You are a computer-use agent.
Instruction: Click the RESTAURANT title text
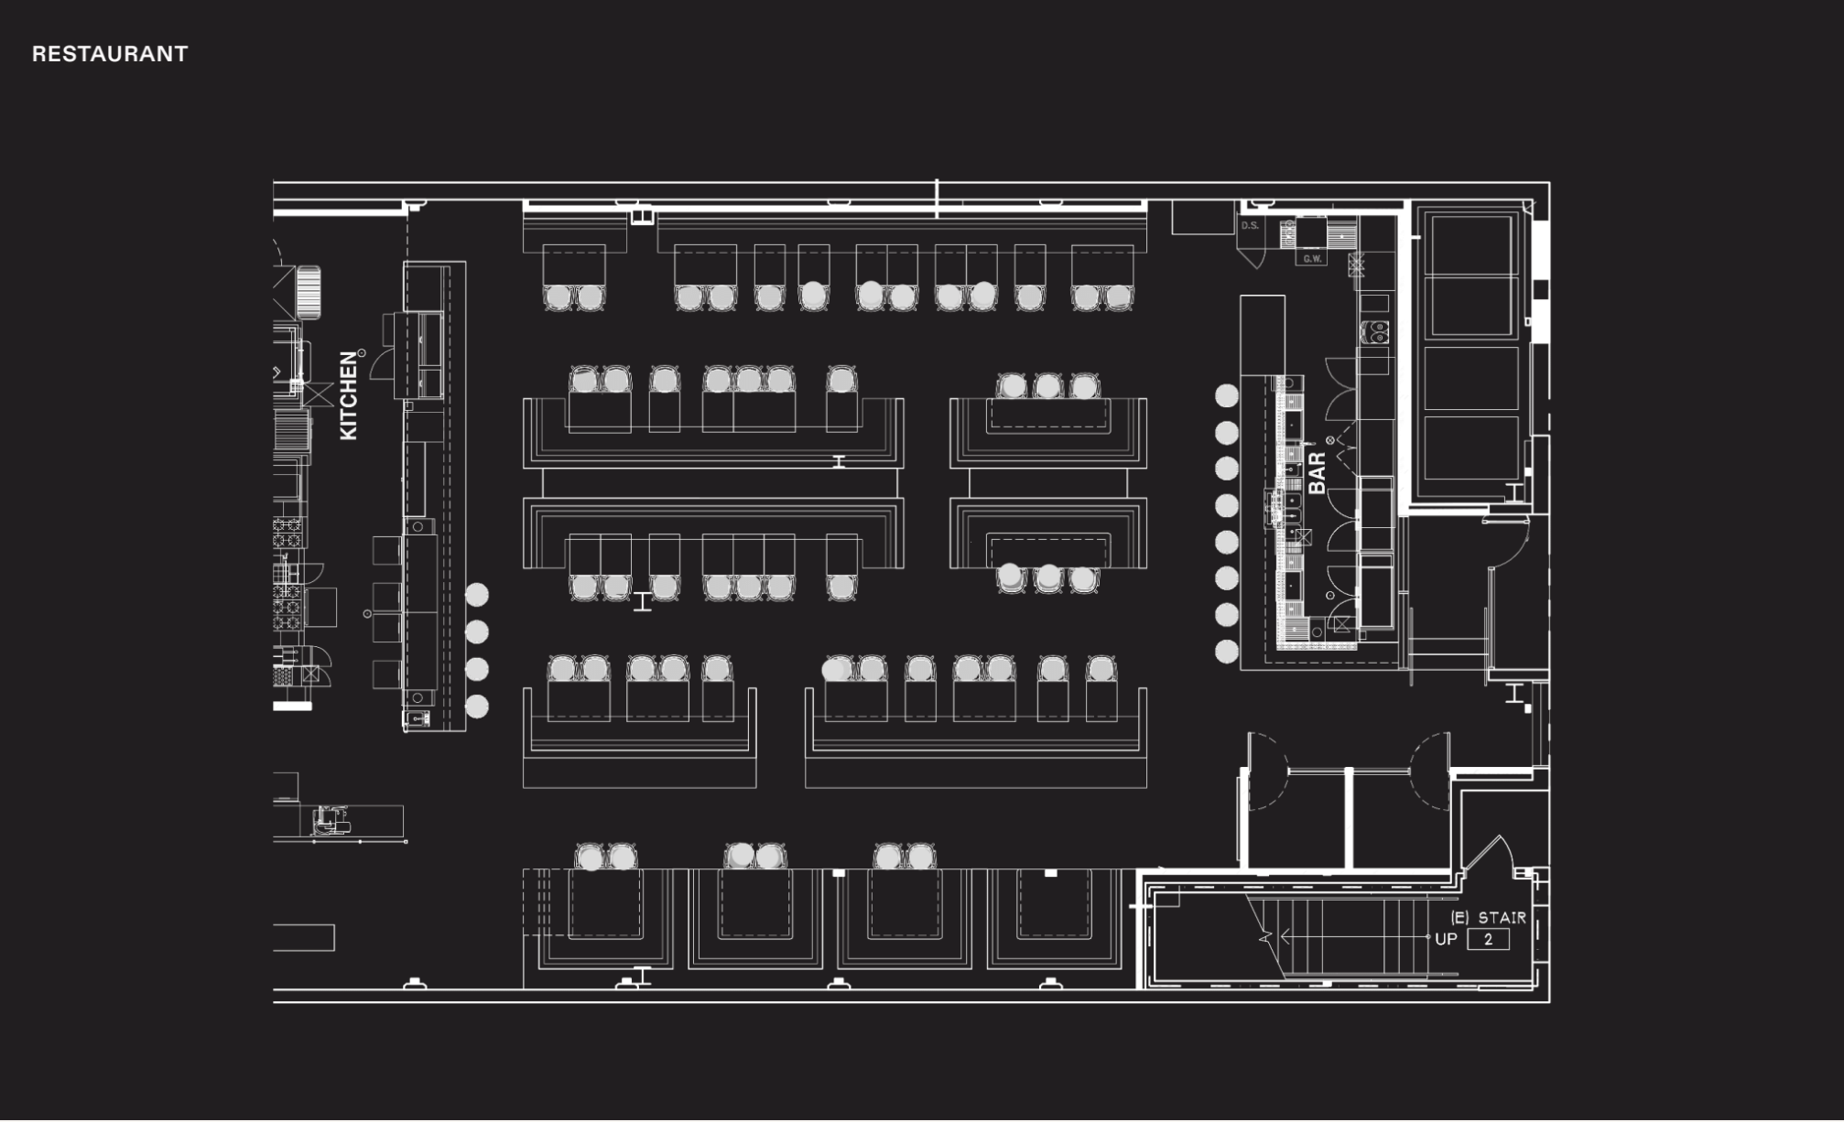coord(110,54)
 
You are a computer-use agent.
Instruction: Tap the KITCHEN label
coord(349,395)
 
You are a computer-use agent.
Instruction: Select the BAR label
coord(1318,473)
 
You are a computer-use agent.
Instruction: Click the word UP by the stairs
coord(1446,939)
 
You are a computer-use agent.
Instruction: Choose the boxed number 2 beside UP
coord(1488,939)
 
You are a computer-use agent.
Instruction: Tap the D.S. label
coord(1250,225)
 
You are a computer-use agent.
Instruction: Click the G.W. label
coord(1312,259)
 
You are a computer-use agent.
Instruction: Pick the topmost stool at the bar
coord(1227,395)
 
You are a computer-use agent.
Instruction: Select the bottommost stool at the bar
coord(1227,651)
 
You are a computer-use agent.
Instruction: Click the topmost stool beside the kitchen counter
coord(477,595)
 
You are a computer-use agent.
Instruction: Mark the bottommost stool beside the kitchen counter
coord(477,707)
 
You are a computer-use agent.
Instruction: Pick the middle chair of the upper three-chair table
coord(1047,386)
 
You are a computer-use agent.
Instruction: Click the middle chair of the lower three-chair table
coord(1047,578)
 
